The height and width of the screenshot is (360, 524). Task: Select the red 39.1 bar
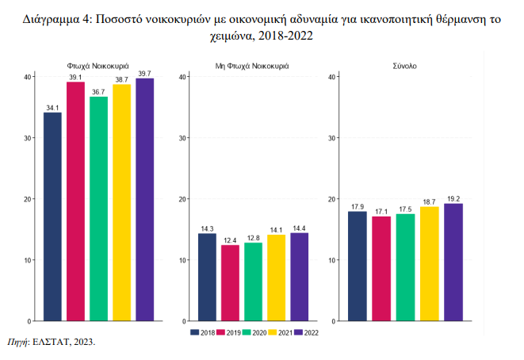coord(75,201)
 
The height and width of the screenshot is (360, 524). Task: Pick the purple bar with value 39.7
coord(144,200)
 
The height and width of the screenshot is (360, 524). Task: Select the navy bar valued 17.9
coord(357,266)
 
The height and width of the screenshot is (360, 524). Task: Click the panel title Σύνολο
coord(404,66)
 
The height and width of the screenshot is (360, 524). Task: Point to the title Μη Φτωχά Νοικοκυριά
coord(252,66)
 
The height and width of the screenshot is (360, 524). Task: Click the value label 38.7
coord(121,79)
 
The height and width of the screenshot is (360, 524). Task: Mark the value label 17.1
coord(381,212)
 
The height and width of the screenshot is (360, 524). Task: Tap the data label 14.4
coord(299,228)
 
